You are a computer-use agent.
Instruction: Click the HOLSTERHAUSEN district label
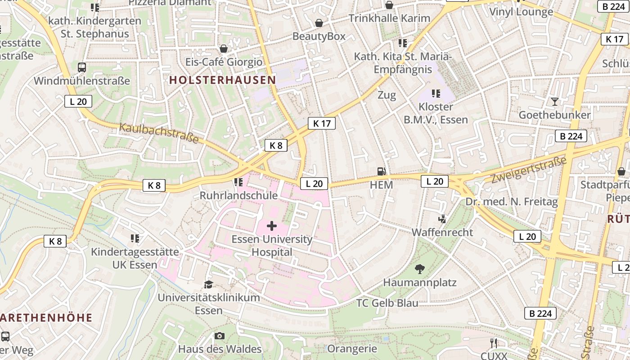click(x=222, y=80)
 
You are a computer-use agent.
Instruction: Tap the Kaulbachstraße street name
click(x=159, y=132)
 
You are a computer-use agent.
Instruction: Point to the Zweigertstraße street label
click(x=528, y=170)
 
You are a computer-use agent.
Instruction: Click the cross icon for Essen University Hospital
click(x=272, y=225)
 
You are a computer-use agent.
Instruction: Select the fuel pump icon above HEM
click(x=381, y=171)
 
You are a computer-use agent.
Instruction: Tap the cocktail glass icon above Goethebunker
click(x=554, y=101)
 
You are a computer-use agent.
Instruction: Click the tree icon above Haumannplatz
click(x=419, y=269)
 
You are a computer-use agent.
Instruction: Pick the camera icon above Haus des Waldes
click(x=220, y=336)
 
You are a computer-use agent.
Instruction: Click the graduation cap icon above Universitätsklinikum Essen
click(x=208, y=284)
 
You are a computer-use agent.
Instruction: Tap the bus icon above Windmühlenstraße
click(x=82, y=67)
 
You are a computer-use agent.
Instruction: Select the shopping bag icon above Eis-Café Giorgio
click(x=224, y=49)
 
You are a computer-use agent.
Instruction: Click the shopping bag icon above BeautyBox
click(x=319, y=23)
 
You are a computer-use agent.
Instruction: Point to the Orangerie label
click(x=352, y=349)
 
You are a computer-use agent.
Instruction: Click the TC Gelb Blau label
click(x=387, y=303)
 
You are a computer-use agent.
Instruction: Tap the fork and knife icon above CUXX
click(x=494, y=343)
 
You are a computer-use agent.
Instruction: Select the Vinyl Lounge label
click(x=521, y=12)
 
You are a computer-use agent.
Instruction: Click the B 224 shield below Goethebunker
click(x=571, y=136)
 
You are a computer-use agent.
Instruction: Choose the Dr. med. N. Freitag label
click(x=512, y=202)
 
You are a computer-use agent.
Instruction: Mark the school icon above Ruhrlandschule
click(x=238, y=182)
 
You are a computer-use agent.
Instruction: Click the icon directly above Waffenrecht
click(x=442, y=219)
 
